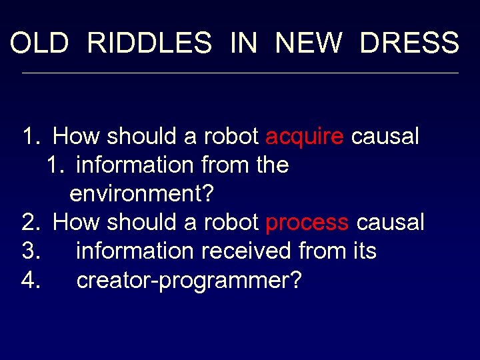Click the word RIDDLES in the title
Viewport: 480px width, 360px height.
tap(149, 43)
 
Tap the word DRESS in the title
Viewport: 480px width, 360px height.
tap(409, 43)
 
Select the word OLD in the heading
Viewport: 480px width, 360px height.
tap(39, 43)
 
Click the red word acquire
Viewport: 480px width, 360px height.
tap(305, 137)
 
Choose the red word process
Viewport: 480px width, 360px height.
tap(307, 223)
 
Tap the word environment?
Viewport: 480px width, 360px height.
tap(141, 194)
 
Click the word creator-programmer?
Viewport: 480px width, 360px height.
tap(189, 281)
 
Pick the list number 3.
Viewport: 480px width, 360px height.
tap(31, 251)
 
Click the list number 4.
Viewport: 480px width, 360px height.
tap(31, 281)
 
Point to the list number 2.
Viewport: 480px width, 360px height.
tap(31, 223)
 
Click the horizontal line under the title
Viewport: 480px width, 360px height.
tap(240, 73)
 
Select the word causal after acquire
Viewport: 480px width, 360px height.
tap(385, 137)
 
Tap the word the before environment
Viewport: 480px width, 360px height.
tap(273, 165)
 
